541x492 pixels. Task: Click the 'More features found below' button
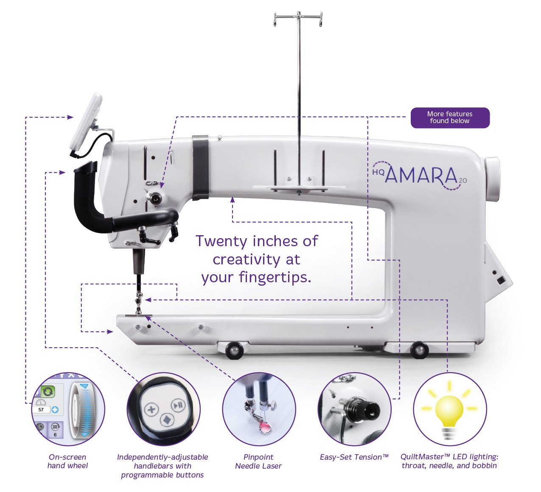[450, 118]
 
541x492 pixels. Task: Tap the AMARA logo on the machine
[420, 175]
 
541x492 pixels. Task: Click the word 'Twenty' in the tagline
[221, 242]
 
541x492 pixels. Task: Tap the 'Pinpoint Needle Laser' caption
[258, 461]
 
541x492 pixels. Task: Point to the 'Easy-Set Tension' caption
[354, 457]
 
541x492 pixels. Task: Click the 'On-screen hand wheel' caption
[67, 461]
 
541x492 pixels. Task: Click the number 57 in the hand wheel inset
[41, 410]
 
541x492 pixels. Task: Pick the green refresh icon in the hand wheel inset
[48, 391]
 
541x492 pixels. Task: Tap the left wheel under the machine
[233, 351]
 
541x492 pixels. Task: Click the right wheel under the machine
[419, 350]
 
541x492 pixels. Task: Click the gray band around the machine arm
[200, 168]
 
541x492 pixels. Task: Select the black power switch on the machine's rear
[501, 280]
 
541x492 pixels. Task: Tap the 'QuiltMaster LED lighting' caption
[449, 461]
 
